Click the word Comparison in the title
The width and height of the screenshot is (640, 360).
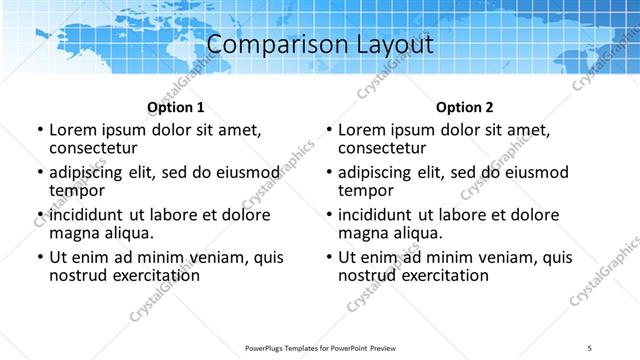click(x=263, y=45)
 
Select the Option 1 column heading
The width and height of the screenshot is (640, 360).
click(x=176, y=107)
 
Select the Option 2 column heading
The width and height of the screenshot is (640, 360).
click(x=465, y=107)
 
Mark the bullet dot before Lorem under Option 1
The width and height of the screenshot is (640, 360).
click(x=39, y=130)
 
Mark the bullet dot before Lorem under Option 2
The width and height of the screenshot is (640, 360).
click(x=329, y=130)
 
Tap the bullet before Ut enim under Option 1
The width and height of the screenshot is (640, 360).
click(x=39, y=257)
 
